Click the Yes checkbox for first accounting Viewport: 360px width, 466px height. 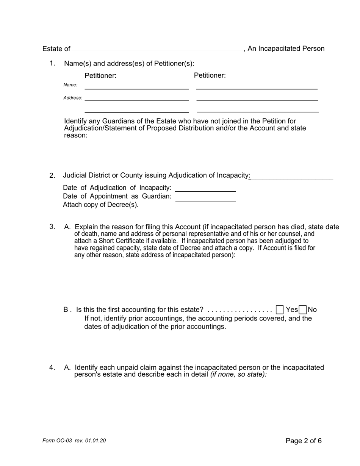click(280, 310)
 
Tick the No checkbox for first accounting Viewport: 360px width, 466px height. click(302, 310)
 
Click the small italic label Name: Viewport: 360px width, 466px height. click(70, 85)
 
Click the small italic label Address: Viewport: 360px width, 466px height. click(72, 98)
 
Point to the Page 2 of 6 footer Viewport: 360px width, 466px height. click(304, 441)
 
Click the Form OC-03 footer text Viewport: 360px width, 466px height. click(74, 441)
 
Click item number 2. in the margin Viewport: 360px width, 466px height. click(52, 175)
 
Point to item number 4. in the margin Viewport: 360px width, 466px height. click(52, 367)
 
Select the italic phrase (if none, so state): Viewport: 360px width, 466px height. click(239, 374)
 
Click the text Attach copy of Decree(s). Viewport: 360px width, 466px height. click(100, 205)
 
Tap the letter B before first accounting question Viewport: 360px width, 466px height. click(66, 310)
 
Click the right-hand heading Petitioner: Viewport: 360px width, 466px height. click(210, 75)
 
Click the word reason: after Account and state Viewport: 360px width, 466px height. click(76, 135)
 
